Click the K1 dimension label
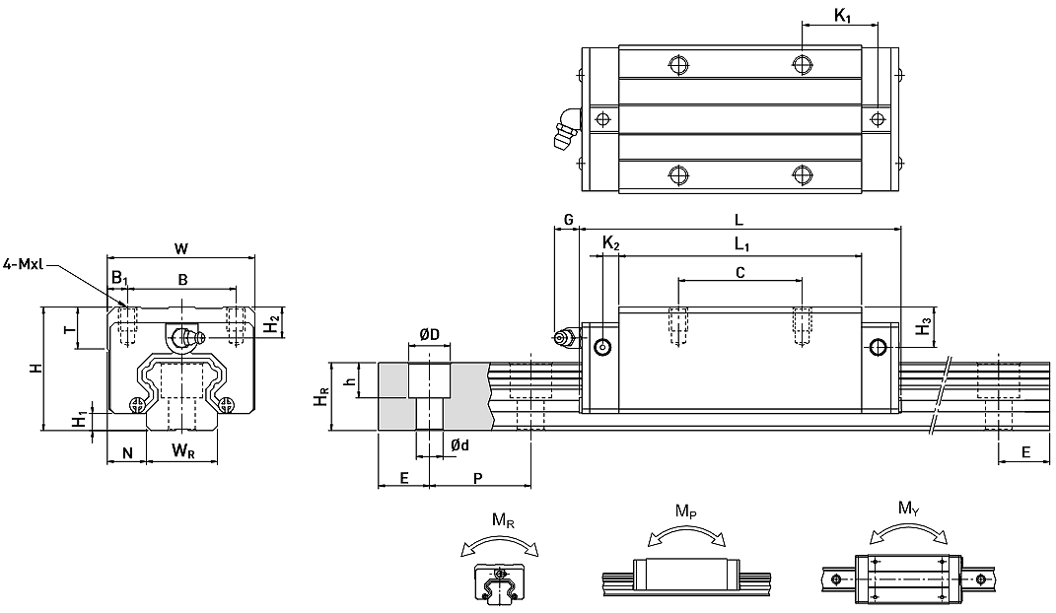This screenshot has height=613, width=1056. click(x=842, y=16)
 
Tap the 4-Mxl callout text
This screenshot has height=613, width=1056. click(x=23, y=264)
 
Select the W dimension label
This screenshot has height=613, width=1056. click(x=181, y=248)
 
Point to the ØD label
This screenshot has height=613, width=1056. click(x=429, y=334)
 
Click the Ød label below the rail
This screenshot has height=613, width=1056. click(x=460, y=444)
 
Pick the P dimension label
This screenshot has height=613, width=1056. click(x=477, y=478)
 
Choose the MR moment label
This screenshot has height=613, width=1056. click(x=503, y=520)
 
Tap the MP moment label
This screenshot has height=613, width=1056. click(x=685, y=512)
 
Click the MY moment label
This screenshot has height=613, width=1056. click(x=908, y=508)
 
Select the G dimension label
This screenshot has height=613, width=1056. click(x=568, y=220)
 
